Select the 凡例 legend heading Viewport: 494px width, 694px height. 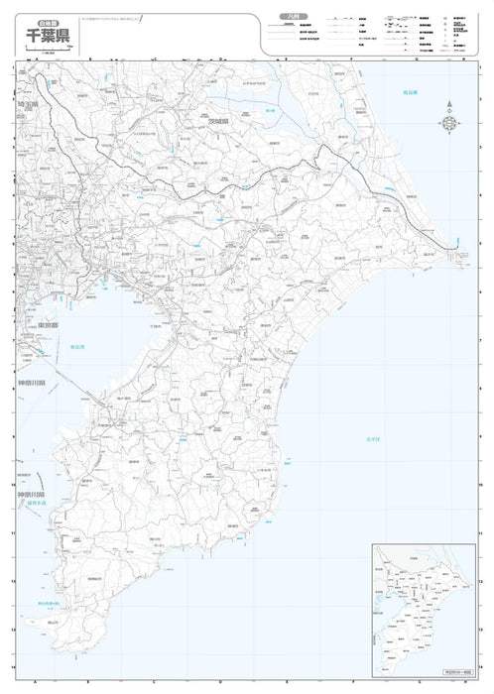click(288, 17)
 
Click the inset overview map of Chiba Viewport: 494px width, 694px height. click(422, 592)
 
